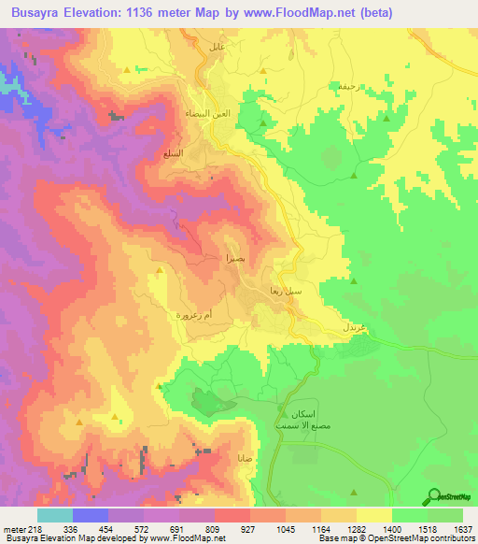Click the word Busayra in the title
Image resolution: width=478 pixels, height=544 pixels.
[44, 13]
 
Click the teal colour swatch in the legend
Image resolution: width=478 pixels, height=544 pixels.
[54, 515]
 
